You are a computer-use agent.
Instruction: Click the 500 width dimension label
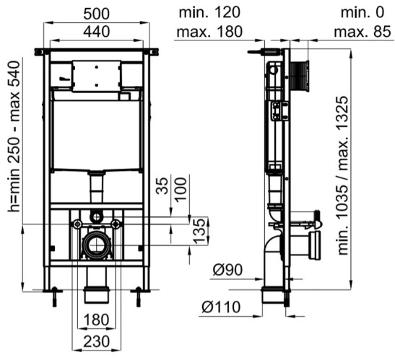[x=97, y=14]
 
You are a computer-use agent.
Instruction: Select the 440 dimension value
[x=97, y=32]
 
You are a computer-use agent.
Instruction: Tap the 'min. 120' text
[x=209, y=12]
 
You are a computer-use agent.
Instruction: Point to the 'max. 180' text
[x=209, y=32]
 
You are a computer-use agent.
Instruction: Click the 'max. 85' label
[x=363, y=32]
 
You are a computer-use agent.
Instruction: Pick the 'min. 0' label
[x=363, y=12]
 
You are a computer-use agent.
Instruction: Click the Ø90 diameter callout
[x=227, y=270]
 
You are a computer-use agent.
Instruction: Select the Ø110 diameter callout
[x=221, y=307]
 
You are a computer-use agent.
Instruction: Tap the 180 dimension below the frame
[x=97, y=320]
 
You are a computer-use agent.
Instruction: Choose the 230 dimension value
[x=97, y=342]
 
